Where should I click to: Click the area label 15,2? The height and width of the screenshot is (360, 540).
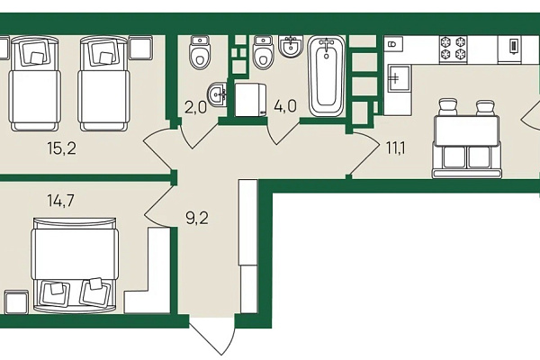point(62,148)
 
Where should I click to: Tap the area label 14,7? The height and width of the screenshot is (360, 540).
point(61,201)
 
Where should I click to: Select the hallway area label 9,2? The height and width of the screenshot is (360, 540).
point(197,218)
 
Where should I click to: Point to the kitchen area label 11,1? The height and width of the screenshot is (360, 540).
point(396,148)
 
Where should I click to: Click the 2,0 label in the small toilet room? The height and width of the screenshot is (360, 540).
point(195,107)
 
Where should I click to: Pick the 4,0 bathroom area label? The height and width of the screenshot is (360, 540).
point(285,106)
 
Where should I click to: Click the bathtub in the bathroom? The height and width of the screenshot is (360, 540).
point(326,76)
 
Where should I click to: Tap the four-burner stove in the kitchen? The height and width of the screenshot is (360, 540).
point(454,49)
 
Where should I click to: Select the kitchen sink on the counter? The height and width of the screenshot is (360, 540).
point(399,78)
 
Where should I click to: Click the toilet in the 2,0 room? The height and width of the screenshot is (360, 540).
point(200,53)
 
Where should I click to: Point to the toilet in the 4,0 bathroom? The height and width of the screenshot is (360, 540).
point(263,53)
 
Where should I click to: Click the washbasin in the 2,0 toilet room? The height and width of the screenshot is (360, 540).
point(217,94)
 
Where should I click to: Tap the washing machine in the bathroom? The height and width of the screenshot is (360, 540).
point(250,100)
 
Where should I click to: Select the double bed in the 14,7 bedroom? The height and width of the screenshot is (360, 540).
point(75,265)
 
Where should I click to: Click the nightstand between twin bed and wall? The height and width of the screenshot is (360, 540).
point(140,48)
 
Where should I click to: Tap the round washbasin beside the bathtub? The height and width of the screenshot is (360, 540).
point(291,46)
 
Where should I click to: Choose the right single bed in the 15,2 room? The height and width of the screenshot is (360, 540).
point(103,84)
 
